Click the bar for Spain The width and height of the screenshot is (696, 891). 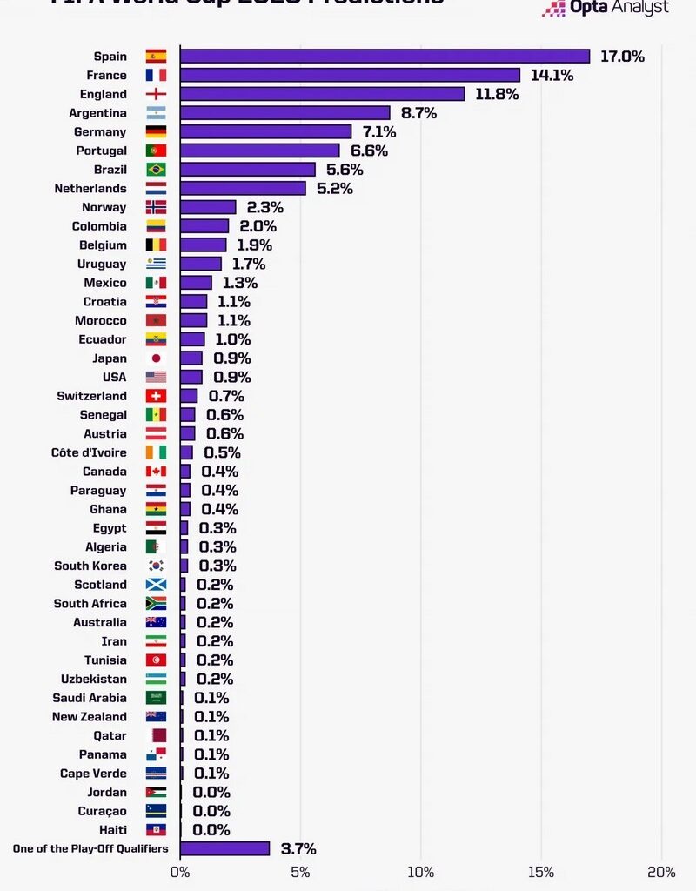coord(385,57)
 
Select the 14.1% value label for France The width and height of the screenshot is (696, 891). coord(552,76)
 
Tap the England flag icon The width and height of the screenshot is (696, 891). coord(156,94)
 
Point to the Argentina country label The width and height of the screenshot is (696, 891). coord(97,113)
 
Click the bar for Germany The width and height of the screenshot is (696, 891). coord(265,132)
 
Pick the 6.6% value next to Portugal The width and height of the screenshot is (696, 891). coord(369,151)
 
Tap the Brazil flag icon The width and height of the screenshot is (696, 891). coord(156,170)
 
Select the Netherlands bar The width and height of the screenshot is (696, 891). coord(243,189)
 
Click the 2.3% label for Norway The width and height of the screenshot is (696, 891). coord(264,207)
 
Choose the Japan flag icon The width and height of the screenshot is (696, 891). coord(156,358)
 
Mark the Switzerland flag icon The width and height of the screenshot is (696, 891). coord(156,396)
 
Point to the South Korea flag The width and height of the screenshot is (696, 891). coord(156,566)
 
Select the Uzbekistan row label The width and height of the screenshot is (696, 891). coord(93,679)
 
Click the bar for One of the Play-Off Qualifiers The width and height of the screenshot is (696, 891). coord(224,848)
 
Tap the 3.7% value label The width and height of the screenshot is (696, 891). coord(298,848)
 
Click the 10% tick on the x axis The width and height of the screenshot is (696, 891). coord(420,872)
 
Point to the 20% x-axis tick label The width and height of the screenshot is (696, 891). coord(661,872)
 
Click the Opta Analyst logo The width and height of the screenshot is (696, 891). coord(606,8)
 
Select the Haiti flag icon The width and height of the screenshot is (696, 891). coord(156,830)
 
